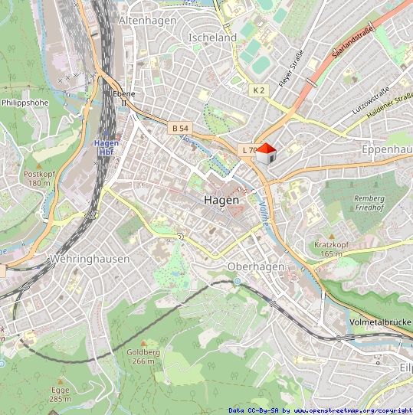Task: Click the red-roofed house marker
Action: pos(265,154)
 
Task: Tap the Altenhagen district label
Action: pos(147,21)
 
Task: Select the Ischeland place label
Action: pos(212,37)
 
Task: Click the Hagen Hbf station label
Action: pos(105,146)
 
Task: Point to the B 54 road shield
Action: pos(180,127)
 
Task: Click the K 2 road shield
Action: pos(259,90)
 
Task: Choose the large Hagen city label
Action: pos(221,200)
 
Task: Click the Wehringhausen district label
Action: pos(89,259)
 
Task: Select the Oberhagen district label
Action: pos(256,266)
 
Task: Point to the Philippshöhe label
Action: pos(25,101)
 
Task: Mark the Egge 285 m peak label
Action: pos(60,394)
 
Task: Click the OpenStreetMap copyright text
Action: pos(320,410)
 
